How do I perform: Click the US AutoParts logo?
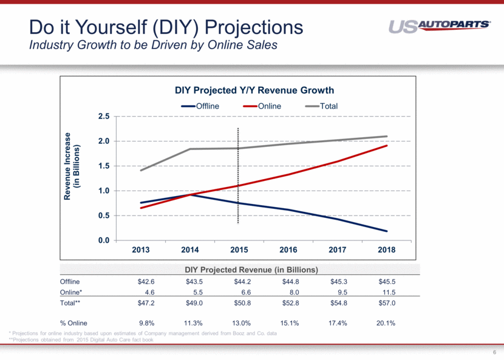[x=440, y=26]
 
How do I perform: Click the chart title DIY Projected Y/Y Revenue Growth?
[x=254, y=90]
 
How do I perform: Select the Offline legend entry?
[x=200, y=106]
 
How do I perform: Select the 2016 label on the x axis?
[x=287, y=250]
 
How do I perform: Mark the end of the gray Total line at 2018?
[x=387, y=136]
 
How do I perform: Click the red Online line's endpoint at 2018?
[x=387, y=146]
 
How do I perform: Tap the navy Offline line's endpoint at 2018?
[x=387, y=231]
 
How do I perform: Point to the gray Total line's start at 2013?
[x=141, y=171]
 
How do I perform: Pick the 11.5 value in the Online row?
[x=389, y=291]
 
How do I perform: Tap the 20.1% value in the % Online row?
[x=386, y=323]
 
